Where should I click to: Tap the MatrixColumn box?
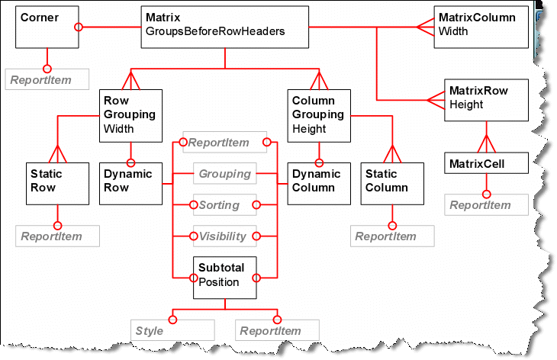[x=481, y=27]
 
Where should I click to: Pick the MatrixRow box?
[x=486, y=99]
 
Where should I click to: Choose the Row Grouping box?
[x=130, y=115]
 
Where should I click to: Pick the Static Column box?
[x=391, y=183]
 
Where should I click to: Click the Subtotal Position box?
[x=225, y=276]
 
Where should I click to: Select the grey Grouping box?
[x=224, y=174]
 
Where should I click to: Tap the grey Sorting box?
[x=224, y=205]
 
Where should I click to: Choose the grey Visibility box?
[x=224, y=236]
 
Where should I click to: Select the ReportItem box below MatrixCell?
[x=488, y=204]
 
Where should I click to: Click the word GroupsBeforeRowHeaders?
[x=216, y=33]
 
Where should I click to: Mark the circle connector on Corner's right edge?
[x=78, y=27]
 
